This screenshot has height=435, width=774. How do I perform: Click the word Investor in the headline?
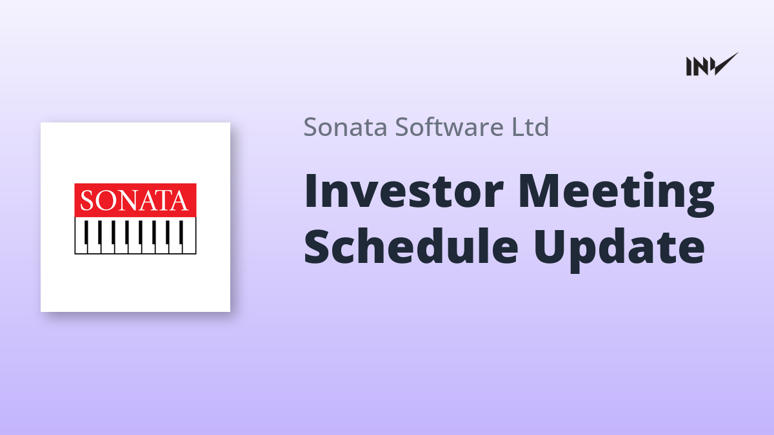[x=404, y=191]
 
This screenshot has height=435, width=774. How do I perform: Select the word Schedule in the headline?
[x=411, y=245]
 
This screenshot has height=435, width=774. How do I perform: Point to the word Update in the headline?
[x=619, y=249]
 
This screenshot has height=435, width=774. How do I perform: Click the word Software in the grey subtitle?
[x=449, y=127]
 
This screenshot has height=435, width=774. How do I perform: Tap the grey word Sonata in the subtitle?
[x=345, y=127]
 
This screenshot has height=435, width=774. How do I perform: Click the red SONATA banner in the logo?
[x=135, y=200]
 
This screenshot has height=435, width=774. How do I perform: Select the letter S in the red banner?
[x=87, y=201]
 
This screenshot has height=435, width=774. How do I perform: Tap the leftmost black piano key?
[x=86, y=233]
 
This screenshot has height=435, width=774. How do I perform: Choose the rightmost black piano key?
[x=181, y=233]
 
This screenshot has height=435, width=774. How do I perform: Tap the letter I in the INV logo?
[x=689, y=66]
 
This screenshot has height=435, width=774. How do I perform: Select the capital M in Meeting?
[x=539, y=191]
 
